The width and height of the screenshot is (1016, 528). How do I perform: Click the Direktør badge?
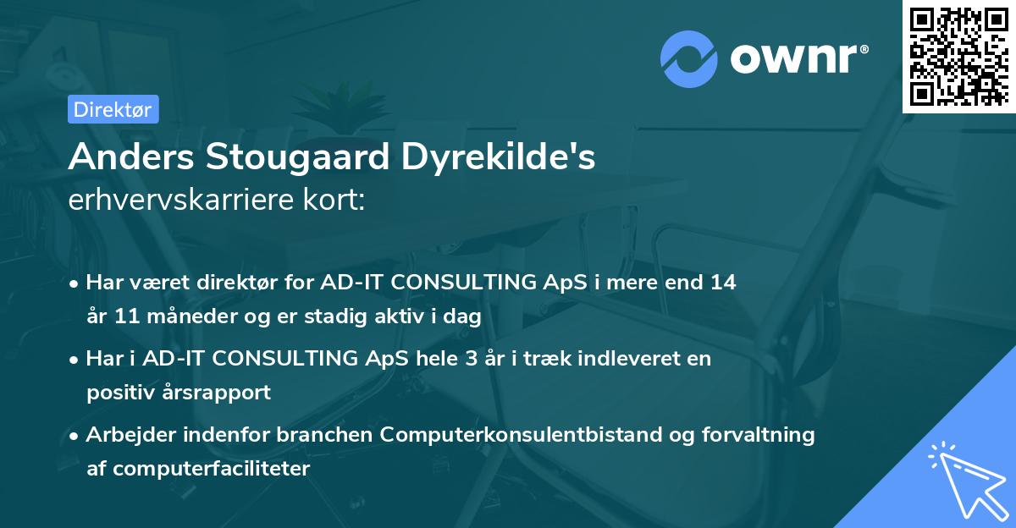113,109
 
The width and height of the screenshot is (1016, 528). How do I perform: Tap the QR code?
958,57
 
